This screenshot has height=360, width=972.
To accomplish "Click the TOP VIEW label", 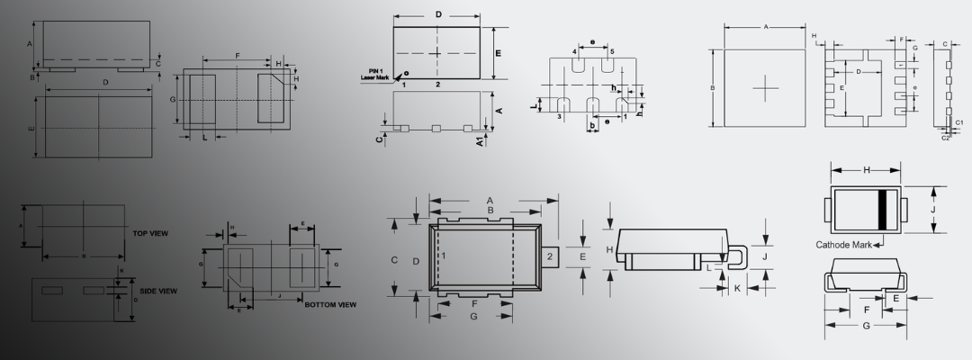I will (150, 234).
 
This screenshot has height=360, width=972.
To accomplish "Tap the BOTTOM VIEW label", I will (330, 305).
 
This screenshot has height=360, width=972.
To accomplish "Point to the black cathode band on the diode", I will (884, 208).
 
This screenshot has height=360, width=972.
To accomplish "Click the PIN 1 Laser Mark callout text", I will (374, 76).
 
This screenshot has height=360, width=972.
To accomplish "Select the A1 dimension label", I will (481, 140).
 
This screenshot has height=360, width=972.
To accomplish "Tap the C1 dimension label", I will (959, 122).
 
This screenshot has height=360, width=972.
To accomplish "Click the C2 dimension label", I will (946, 139).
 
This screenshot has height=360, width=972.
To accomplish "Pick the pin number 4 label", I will (574, 52).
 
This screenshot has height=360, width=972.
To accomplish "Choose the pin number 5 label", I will (612, 52).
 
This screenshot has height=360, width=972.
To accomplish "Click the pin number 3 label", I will (559, 117).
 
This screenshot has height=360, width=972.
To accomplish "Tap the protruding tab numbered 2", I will (549, 256).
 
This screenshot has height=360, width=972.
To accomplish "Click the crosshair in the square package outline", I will (765, 88).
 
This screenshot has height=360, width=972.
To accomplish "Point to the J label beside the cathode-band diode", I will (933, 208).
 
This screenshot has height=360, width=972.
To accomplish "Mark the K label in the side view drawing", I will (122, 270).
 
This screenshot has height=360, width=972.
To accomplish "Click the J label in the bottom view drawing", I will (280, 295).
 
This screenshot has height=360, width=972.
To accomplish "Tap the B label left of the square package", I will (712, 88).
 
